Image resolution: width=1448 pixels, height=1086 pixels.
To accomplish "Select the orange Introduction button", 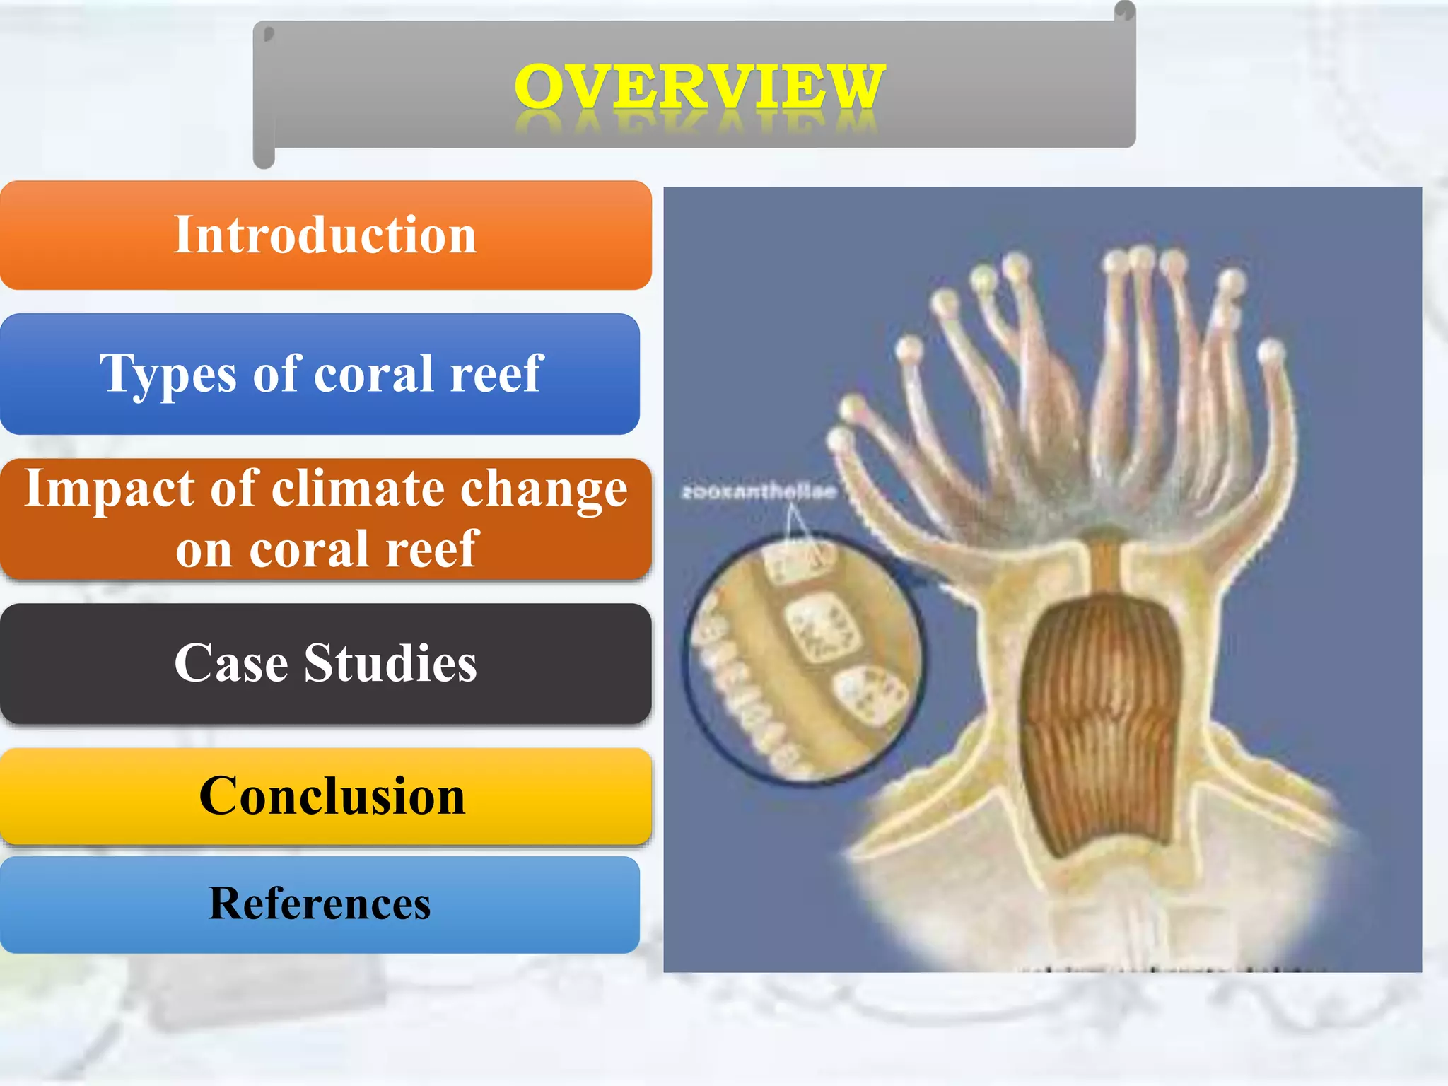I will pos(325,235).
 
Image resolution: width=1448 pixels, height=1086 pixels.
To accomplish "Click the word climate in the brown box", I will pos(360,489).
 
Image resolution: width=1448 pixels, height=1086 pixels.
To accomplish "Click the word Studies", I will pos(390,663).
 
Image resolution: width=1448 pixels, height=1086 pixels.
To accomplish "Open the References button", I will pos(320,904).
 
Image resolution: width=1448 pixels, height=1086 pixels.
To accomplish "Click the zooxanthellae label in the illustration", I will pos(759,491).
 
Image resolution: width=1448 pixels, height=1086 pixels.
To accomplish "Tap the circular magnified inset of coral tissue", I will pos(802,658).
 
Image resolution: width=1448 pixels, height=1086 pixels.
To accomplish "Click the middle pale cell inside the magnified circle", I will pos(822,626).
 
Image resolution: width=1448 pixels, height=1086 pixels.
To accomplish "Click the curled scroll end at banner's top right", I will pos(1124,12).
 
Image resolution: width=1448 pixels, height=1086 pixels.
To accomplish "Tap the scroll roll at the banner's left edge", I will pos(264,95).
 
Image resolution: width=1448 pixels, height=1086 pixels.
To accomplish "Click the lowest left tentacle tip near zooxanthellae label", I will pos(840,439).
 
